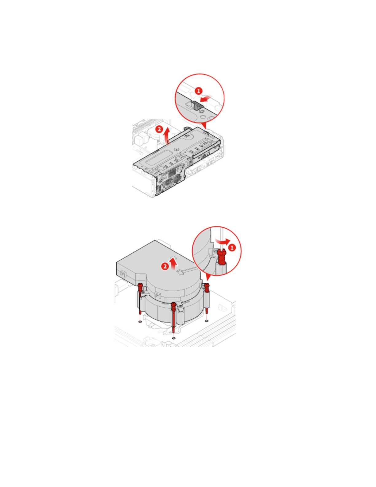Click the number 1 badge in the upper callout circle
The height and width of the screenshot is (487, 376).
(x=199, y=91)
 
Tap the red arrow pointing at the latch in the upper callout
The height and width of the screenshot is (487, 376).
(x=206, y=98)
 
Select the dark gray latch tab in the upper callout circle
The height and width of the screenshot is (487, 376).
(x=196, y=105)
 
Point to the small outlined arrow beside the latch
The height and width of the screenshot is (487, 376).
(x=202, y=111)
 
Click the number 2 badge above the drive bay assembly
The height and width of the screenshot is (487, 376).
(x=159, y=129)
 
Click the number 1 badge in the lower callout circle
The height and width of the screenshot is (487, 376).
(x=232, y=248)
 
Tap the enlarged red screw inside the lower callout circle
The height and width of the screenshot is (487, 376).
(x=221, y=257)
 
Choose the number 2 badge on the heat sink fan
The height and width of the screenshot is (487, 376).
(x=165, y=266)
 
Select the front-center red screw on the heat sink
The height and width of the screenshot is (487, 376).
(x=173, y=318)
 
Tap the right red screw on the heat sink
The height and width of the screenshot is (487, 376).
(x=207, y=298)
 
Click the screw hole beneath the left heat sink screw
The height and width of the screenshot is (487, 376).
(x=140, y=321)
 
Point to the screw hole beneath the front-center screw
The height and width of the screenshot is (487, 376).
(x=173, y=338)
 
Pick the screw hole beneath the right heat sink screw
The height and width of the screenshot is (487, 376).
(x=207, y=321)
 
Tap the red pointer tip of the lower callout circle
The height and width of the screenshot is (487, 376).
(x=207, y=280)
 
